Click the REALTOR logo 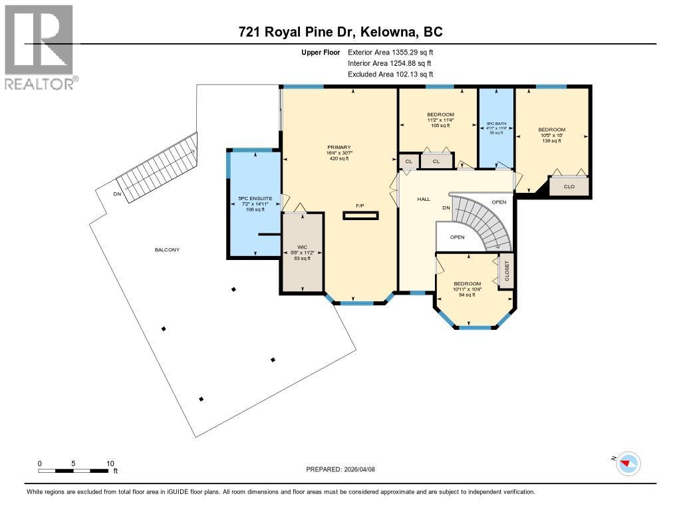point(39,47)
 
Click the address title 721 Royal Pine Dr point(340,32)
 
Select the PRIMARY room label point(339,148)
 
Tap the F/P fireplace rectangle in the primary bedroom point(361,215)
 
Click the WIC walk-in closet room point(303,253)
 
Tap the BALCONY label point(168,249)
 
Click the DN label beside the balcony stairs point(117,194)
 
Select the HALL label point(424,199)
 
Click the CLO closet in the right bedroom point(569,187)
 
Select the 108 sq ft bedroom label point(440,114)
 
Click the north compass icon point(628,463)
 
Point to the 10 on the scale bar point(110,463)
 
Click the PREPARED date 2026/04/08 point(340,469)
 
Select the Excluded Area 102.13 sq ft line point(390,74)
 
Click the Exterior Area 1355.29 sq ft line point(390,52)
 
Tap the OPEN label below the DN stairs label point(457,237)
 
